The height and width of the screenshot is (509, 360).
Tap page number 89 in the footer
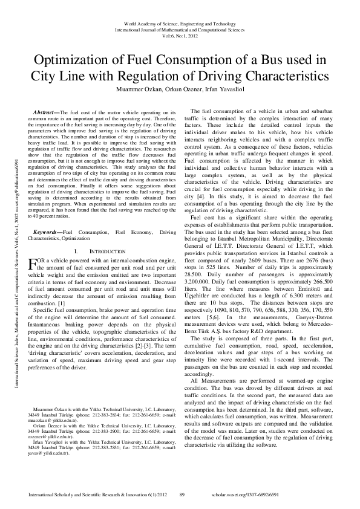click(182, 495)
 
